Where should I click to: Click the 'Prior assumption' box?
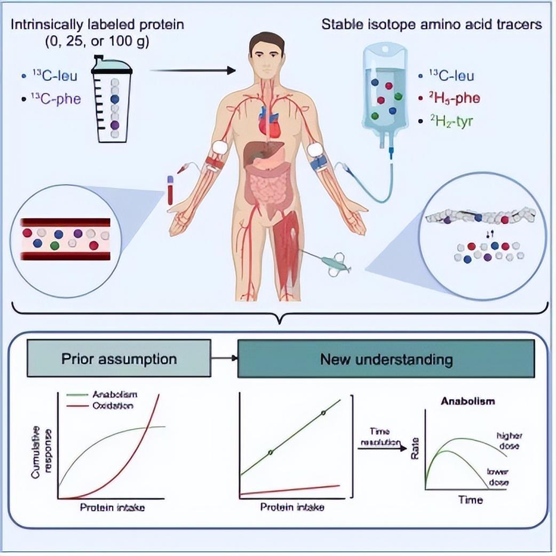point(118,359)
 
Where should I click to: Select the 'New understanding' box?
point(386,359)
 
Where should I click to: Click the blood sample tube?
point(170,190)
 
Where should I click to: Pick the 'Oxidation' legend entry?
point(112,406)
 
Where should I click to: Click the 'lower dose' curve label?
point(498,476)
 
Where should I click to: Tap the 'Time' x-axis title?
point(471,500)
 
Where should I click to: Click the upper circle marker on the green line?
point(322,413)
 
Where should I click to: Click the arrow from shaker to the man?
point(193,70)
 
